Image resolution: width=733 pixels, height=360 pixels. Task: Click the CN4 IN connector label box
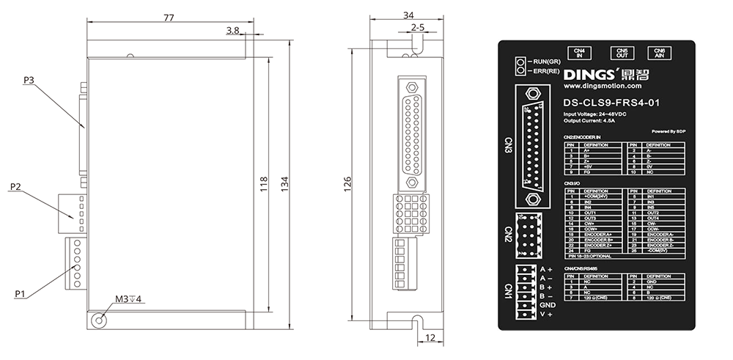point(579,53)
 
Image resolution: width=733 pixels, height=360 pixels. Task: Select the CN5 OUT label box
point(622,53)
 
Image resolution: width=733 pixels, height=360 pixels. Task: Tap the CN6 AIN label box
point(660,53)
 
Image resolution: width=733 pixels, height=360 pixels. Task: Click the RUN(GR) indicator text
point(546,61)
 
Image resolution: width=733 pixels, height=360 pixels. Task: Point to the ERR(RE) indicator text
point(546,71)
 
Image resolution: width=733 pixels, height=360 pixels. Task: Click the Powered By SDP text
point(668,131)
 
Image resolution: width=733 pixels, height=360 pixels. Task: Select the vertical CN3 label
point(508,144)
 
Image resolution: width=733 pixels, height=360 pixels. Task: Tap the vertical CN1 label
point(508,291)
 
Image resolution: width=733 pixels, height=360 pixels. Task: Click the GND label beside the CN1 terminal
point(547,305)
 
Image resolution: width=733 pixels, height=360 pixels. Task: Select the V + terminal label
point(546,315)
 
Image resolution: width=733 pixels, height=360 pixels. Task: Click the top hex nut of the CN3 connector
point(534,95)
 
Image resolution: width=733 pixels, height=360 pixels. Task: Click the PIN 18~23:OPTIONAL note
point(589,257)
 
